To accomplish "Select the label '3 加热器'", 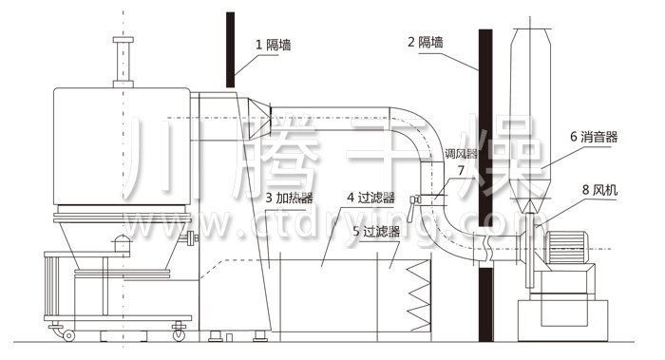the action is point(290,198).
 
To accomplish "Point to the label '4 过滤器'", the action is point(370,198).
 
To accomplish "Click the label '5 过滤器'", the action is point(375,231).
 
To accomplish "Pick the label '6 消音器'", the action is point(594,137).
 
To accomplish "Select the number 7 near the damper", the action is point(461,171).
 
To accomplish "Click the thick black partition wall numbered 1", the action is point(230,47).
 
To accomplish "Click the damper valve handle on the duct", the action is point(415,199).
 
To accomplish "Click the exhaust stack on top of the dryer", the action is point(121,62).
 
